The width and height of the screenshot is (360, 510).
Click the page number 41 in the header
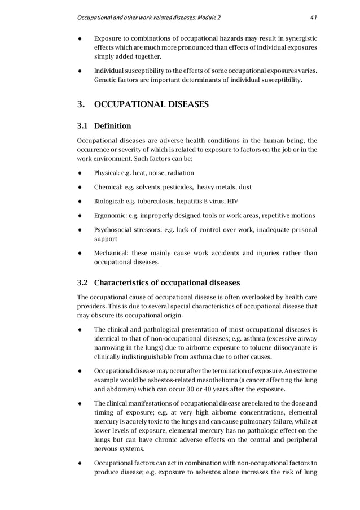click(313, 17)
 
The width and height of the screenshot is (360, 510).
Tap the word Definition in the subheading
click(113, 126)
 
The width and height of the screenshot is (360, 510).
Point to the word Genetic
click(107, 80)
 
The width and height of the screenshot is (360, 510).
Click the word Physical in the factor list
click(106, 173)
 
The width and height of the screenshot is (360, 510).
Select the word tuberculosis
click(153, 201)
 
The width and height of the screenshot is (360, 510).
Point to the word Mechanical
click(112, 253)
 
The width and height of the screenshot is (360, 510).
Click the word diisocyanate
click(286, 347)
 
